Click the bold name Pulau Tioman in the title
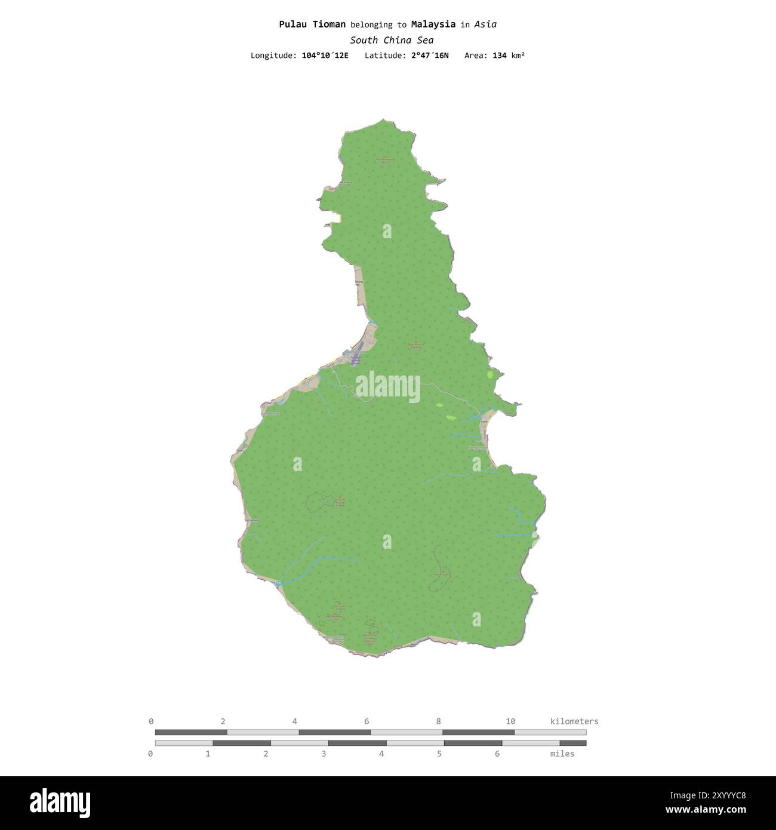(312, 24)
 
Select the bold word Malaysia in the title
(433, 24)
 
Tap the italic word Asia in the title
(485, 24)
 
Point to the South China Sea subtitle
(392, 41)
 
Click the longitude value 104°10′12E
(325, 56)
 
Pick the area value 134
(499, 56)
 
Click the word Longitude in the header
(273, 56)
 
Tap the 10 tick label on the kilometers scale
(510, 721)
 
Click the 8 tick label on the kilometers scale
(439, 721)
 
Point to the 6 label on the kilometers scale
(367, 721)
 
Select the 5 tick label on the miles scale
(439, 754)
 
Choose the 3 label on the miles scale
(324, 754)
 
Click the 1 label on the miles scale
(208, 754)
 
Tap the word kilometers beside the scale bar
(574, 721)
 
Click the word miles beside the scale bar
(562, 754)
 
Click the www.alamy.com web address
(706, 810)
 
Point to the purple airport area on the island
(356, 357)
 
